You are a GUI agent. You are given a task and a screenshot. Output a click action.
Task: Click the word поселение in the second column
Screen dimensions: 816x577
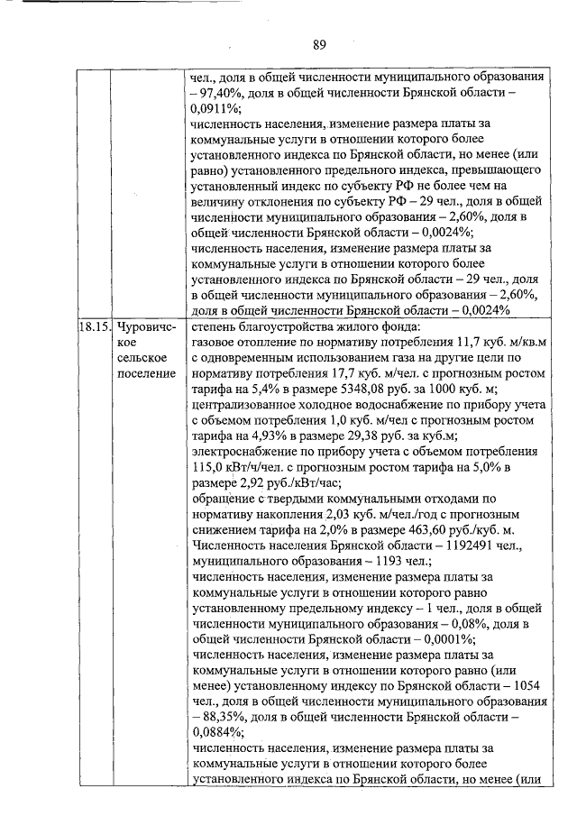147,374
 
